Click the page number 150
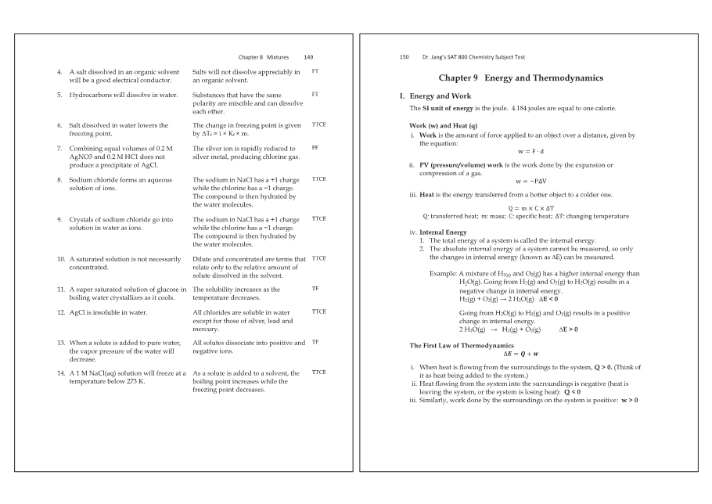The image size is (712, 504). tap(405, 57)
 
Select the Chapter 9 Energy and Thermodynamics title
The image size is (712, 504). tap(520, 78)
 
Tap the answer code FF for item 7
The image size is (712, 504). tap(315, 147)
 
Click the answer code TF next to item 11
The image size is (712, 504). tap(315, 289)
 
